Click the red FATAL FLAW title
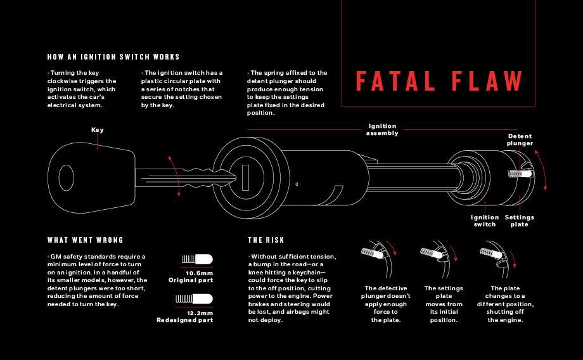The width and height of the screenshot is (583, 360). pyautogui.click(x=439, y=80)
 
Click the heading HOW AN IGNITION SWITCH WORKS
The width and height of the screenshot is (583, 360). pyautogui.click(x=113, y=57)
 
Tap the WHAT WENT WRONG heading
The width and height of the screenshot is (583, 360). pyautogui.click(x=85, y=240)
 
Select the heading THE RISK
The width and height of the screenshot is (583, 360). pyautogui.click(x=266, y=240)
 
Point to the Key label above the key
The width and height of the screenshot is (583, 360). pyautogui.click(x=98, y=130)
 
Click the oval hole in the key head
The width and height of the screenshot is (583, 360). pyautogui.click(x=66, y=177)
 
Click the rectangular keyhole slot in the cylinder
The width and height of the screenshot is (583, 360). pyautogui.click(x=245, y=177)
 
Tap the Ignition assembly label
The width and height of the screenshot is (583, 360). pyautogui.click(x=382, y=129)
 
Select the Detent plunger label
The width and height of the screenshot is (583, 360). pyautogui.click(x=520, y=140)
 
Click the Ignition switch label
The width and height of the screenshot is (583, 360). pyautogui.click(x=485, y=221)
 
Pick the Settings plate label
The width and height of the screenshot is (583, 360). pyautogui.click(x=520, y=221)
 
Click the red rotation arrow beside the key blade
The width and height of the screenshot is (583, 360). pyautogui.click(x=175, y=176)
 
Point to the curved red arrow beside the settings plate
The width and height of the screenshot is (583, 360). pyautogui.click(x=542, y=169)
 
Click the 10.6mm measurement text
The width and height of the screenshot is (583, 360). pyautogui.click(x=199, y=273)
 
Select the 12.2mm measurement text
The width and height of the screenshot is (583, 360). pyautogui.click(x=200, y=313)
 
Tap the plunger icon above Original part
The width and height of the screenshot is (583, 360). pyautogui.click(x=197, y=259)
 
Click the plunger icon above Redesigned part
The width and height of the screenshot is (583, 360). pyautogui.click(x=194, y=299)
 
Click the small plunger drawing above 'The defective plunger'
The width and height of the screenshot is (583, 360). pyautogui.click(x=378, y=259)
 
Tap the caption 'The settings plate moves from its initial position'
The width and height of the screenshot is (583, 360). pyautogui.click(x=444, y=304)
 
